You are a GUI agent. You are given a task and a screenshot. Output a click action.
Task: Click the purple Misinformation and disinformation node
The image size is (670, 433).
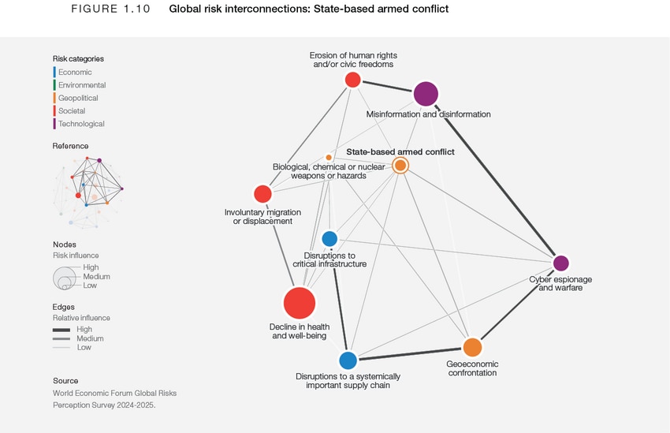(426, 94)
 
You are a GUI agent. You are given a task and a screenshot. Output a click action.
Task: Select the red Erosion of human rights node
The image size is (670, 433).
(353, 79)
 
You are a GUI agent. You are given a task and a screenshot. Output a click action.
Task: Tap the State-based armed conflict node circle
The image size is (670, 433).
(400, 165)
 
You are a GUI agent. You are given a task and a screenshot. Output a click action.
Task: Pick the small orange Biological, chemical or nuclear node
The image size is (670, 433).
(329, 158)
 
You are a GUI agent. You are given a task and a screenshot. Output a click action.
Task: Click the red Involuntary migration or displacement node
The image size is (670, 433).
(262, 194)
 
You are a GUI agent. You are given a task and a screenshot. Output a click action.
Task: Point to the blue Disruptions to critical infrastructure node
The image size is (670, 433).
(329, 238)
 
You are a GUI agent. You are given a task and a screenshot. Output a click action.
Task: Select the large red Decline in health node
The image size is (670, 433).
(300, 303)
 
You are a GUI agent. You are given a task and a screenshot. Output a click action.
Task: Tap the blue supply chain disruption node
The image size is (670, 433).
(348, 360)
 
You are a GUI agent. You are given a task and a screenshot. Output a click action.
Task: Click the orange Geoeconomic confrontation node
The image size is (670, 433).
(472, 347)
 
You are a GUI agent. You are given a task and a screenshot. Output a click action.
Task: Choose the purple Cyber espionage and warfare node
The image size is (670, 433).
(560, 263)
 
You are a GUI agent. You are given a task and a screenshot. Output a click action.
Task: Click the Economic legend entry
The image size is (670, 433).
(74, 72)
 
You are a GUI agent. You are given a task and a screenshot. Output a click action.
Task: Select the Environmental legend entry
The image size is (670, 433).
(81, 85)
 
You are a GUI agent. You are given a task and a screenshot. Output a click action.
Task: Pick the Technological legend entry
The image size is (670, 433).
(80, 124)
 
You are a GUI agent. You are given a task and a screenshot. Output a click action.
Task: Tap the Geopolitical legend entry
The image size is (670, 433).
(78, 98)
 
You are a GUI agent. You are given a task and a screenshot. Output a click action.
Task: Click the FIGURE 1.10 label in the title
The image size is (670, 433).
(110, 9)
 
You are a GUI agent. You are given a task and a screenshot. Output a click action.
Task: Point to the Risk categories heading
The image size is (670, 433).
(78, 58)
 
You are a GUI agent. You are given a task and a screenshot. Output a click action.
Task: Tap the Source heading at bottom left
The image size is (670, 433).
(65, 380)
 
